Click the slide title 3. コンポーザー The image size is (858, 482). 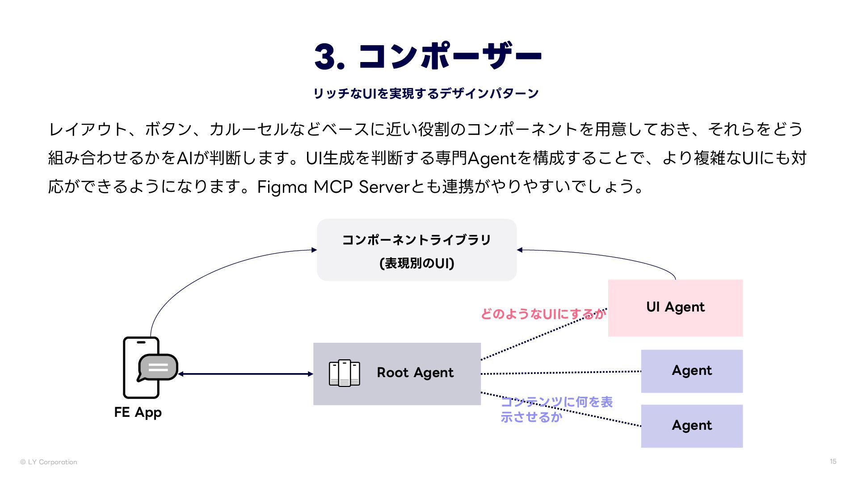click(428, 56)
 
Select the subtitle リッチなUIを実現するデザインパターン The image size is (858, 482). click(426, 93)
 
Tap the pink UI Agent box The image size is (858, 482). click(675, 307)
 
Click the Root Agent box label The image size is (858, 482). click(415, 373)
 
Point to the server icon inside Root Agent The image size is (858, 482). click(344, 373)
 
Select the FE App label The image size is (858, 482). click(138, 412)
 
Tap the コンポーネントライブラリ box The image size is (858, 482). click(416, 250)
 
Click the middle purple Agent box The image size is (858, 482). click(692, 371)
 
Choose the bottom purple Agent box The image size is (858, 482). click(692, 426)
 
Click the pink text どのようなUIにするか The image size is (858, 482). click(543, 314)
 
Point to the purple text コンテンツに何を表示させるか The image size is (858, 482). click(556, 409)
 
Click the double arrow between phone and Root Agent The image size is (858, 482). click(246, 374)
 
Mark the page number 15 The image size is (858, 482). click(833, 461)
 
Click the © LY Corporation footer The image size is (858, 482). click(49, 462)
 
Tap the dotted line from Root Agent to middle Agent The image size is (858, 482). click(561, 373)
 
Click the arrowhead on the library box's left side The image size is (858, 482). click(314, 250)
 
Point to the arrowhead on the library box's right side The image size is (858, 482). click(520, 250)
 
